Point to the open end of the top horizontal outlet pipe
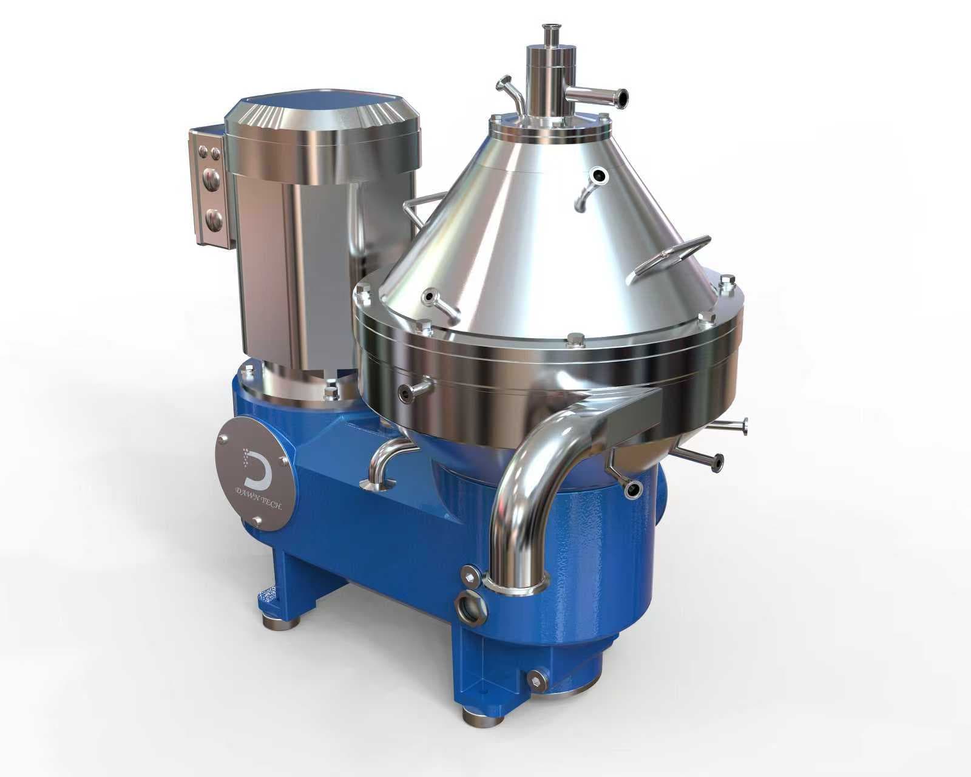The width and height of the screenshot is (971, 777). coord(623,96)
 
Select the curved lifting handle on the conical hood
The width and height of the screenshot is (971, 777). coord(668,260)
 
